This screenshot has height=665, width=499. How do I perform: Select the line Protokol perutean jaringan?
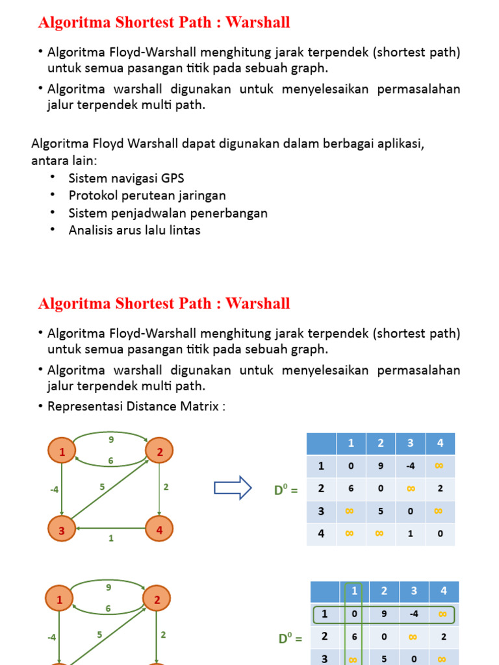pyautogui.click(x=147, y=195)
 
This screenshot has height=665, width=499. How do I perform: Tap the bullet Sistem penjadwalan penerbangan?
pyautogui.click(x=168, y=213)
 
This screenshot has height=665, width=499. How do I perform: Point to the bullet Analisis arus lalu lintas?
pyautogui.click(x=134, y=230)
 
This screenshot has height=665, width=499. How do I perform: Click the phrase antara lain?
pyautogui.click(x=63, y=160)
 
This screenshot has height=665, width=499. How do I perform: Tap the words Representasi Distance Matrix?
pyautogui.click(x=136, y=406)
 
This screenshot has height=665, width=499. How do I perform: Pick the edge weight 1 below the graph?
pyautogui.click(x=111, y=538)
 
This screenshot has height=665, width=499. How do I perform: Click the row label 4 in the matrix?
pyautogui.click(x=320, y=534)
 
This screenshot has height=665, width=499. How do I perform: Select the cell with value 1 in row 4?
pyautogui.click(x=411, y=534)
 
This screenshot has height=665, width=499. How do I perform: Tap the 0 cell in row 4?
pyautogui.click(x=440, y=534)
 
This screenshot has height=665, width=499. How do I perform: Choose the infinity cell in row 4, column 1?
pyautogui.click(x=350, y=534)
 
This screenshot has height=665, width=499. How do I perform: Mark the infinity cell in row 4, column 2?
pyautogui.click(x=380, y=534)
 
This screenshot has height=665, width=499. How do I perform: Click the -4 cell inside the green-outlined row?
pyautogui.click(x=414, y=614)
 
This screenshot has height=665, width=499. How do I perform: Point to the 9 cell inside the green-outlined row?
pyautogui.click(x=383, y=614)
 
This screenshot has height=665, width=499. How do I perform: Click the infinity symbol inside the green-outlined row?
pyautogui.click(x=443, y=614)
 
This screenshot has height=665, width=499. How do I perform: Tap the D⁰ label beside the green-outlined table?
pyautogui.click(x=290, y=638)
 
